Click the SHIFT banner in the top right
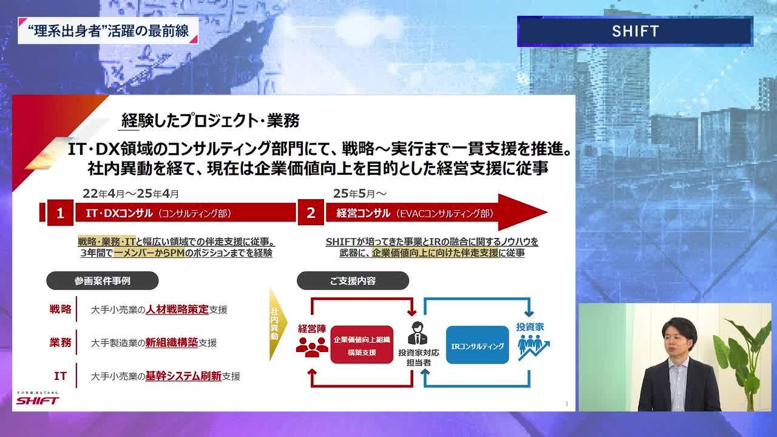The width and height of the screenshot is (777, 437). [635, 31]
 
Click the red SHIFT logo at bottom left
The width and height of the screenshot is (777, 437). [38, 400]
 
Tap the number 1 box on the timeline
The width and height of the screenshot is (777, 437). [60, 213]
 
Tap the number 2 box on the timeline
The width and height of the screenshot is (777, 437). [311, 213]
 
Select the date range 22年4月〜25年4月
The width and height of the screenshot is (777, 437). [131, 194]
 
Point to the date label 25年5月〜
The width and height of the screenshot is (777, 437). [359, 194]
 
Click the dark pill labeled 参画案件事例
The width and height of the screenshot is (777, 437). [103, 280]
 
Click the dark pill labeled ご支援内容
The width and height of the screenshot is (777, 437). [352, 280]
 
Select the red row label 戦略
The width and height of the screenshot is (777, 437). [60, 310]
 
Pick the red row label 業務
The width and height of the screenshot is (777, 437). [60, 342]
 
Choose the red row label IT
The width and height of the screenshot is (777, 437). [60, 376]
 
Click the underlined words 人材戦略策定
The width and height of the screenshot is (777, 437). [177, 310]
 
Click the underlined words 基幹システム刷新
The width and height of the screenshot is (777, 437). [183, 376]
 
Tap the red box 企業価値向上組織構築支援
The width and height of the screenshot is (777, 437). [362, 345]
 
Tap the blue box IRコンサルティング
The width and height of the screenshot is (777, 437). [477, 345]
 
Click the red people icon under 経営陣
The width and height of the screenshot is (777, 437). [312, 346]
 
